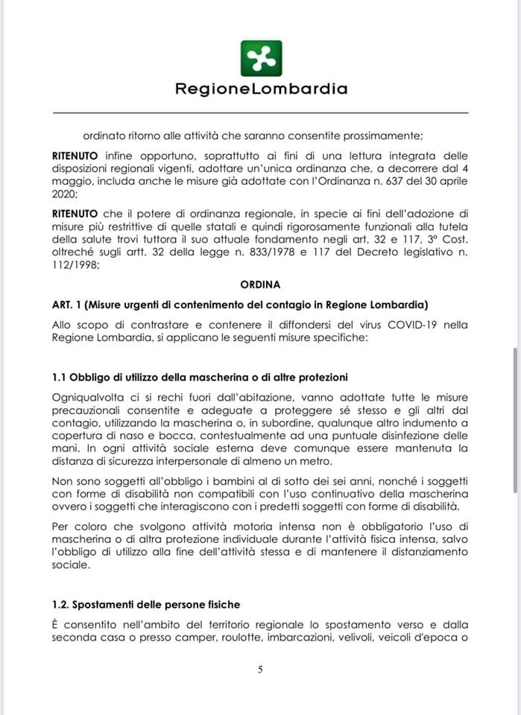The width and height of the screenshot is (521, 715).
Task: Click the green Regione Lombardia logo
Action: point(261,59)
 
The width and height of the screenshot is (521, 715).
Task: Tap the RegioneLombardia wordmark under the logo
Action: point(261,89)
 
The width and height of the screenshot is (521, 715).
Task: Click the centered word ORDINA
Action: point(260,285)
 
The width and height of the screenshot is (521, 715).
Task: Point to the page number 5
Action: point(260,669)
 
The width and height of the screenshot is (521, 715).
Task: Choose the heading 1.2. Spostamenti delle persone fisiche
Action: point(146,604)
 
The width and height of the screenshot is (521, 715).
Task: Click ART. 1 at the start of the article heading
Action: point(69,305)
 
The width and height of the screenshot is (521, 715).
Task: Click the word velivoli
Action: point(355,637)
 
